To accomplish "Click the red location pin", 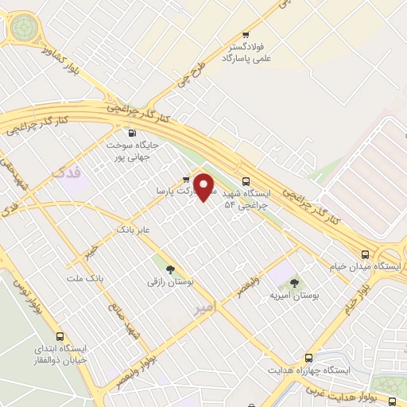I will [x=206, y=188].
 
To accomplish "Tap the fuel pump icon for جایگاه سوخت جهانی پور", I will [x=132, y=133].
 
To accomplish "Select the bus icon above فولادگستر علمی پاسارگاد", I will [x=246, y=35].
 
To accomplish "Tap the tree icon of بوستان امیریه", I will [x=294, y=282].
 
